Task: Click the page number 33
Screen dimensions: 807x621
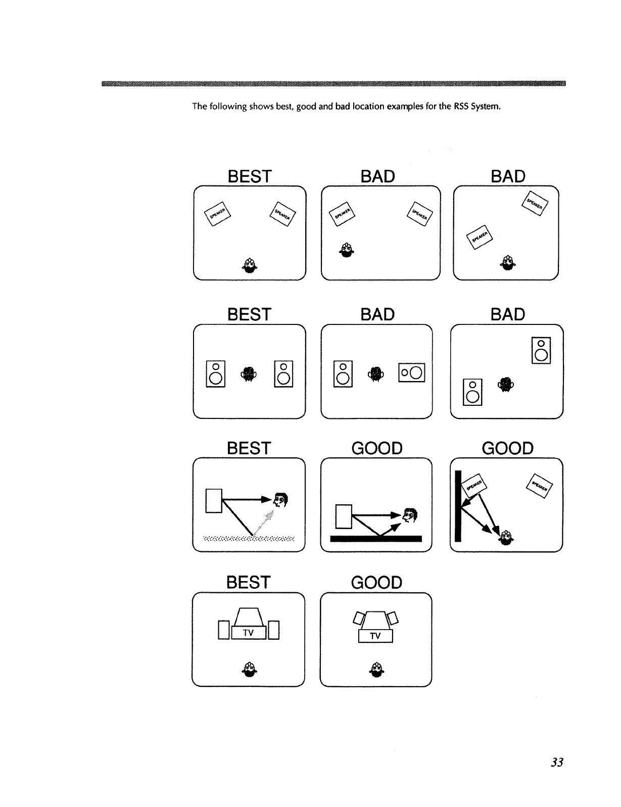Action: (x=557, y=763)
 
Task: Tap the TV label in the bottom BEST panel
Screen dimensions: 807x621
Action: (x=248, y=633)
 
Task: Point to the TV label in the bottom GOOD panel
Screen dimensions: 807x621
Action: (x=375, y=636)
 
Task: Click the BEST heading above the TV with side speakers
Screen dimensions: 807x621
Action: (x=249, y=582)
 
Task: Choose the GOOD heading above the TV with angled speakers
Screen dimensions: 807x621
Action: (x=376, y=582)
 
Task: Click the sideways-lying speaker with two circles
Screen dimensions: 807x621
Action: (x=412, y=373)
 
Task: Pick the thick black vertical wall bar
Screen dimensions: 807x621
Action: (x=458, y=505)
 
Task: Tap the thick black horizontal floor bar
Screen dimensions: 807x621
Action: (x=376, y=538)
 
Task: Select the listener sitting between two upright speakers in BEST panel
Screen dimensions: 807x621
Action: (x=249, y=373)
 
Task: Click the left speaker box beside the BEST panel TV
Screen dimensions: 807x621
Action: (x=224, y=630)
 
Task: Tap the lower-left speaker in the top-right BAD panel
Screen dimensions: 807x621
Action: (x=480, y=235)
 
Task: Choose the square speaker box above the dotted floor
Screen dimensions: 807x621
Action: (x=214, y=501)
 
